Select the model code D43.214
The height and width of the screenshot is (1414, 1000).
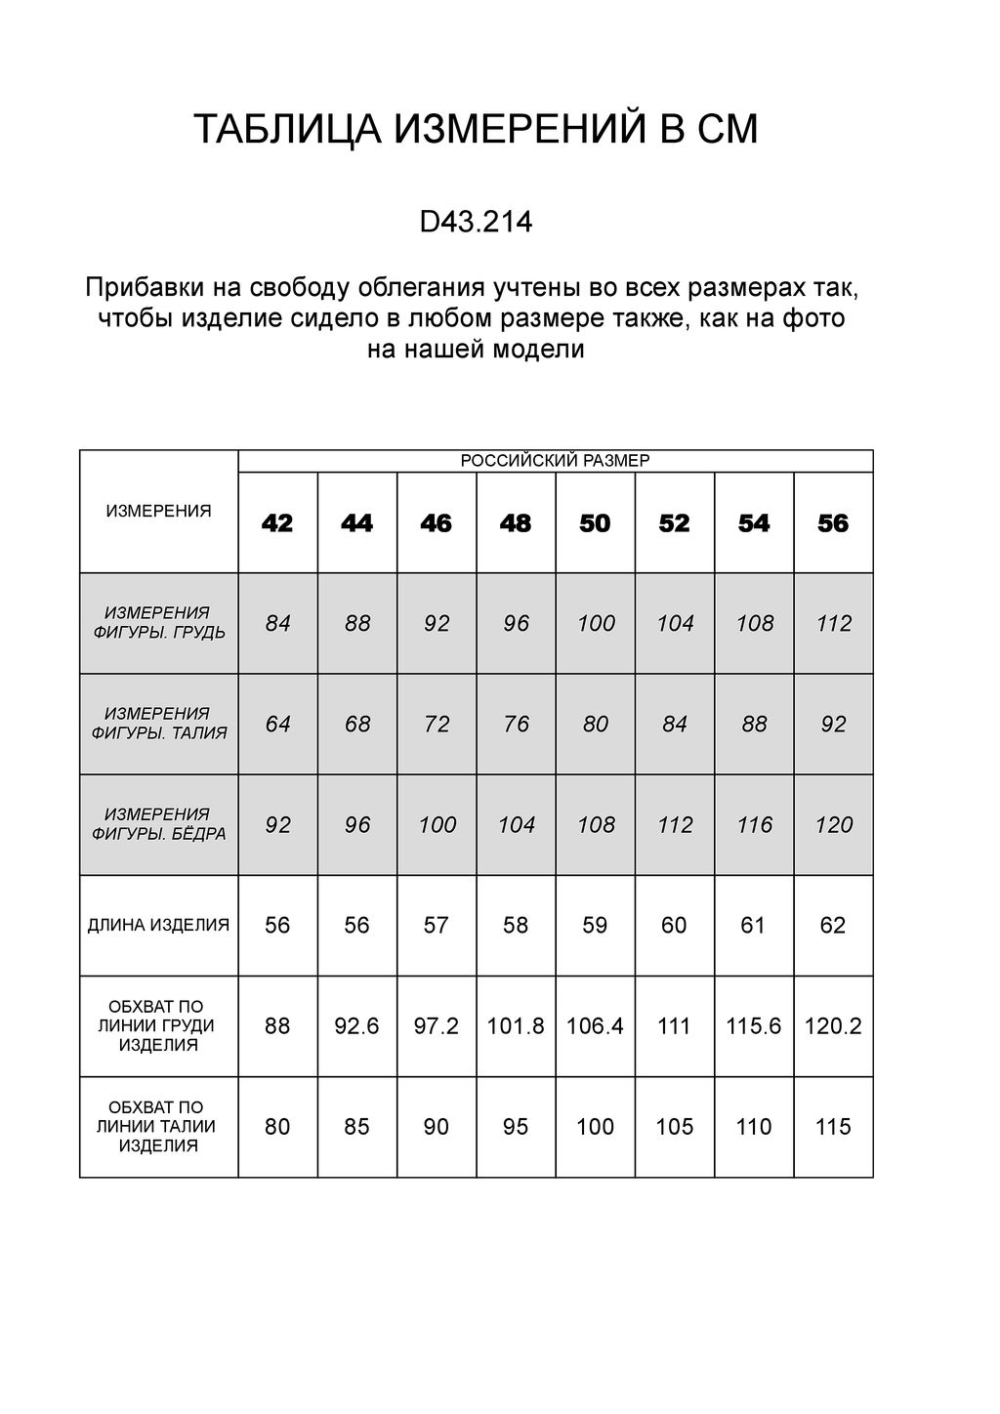pyautogui.click(x=476, y=223)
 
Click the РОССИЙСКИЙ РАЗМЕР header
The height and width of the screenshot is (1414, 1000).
pyautogui.click(x=555, y=461)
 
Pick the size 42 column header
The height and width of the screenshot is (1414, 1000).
pyautogui.click(x=277, y=523)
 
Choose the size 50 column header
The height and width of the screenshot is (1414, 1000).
pyautogui.click(x=595, y=523)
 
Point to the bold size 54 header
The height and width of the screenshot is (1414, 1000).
pyautogui.click(x=754, y=523)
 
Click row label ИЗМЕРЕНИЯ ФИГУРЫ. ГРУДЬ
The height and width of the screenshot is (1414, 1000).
pyautogui.click(x=158, y=622)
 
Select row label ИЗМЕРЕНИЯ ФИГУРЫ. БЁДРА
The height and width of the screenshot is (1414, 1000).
pyautogui.click(x=158, y=824)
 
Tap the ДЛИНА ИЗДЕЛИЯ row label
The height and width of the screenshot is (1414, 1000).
pyautogui.click(x=158, y=925)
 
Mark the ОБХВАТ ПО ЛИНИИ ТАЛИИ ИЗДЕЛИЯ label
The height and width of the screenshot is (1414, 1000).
pyautogui.click(x=158, y=1126)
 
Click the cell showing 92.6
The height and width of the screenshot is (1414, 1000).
pyautogui.click(x=356, y=1025)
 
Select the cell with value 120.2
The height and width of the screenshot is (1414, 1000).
pyautogui.click(x=833, y=1025)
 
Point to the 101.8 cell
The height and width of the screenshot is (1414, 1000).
pyautogui.click(x=516, y=1025)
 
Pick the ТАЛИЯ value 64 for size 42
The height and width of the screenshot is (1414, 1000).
pyautogui.click(x=277, y=724)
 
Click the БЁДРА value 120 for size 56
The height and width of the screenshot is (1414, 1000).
pyautogui.click(x=833, y=824)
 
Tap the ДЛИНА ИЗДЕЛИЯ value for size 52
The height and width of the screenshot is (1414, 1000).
pyautogui.click(x=674, y=925)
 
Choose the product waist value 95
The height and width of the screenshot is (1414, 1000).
pyautogui.click(x=516, y=1126)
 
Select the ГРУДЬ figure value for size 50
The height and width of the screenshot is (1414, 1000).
pyautogui.click(x=595, y=623)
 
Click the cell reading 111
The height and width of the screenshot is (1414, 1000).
pyautogui.click(x=674, y=1025)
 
